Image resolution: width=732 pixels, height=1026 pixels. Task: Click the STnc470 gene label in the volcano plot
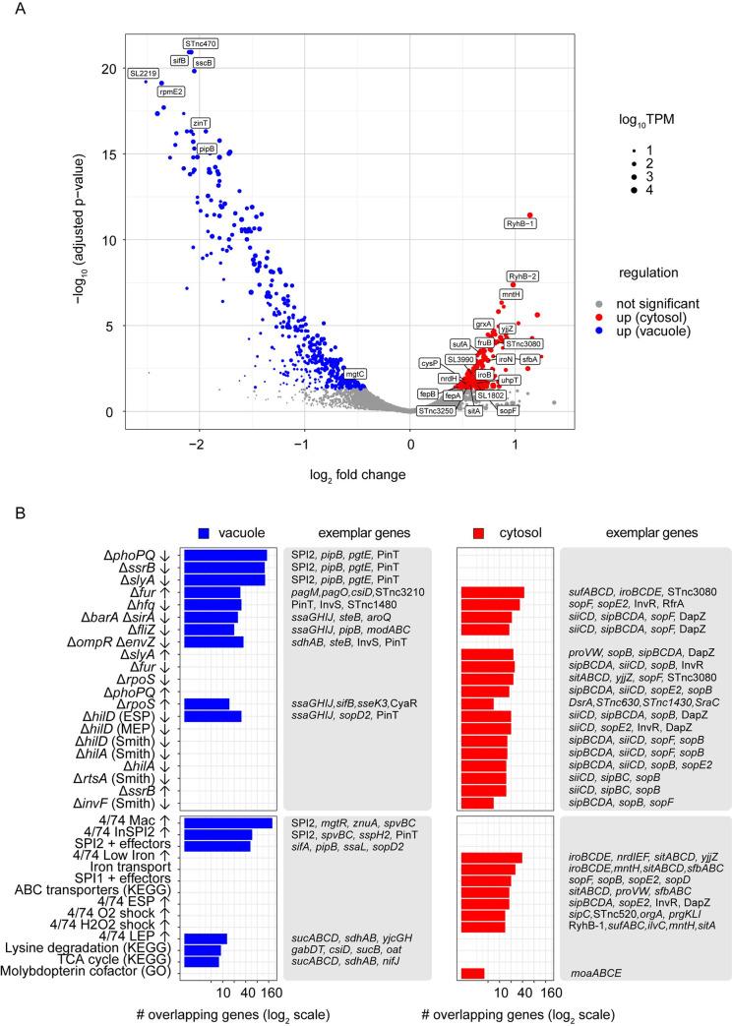(202, 43)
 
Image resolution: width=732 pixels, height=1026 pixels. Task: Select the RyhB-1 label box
(520, 224)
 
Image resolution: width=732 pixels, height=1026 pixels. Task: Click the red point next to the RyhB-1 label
(530, 214)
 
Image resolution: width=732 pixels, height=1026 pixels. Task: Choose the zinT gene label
(201, 123)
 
